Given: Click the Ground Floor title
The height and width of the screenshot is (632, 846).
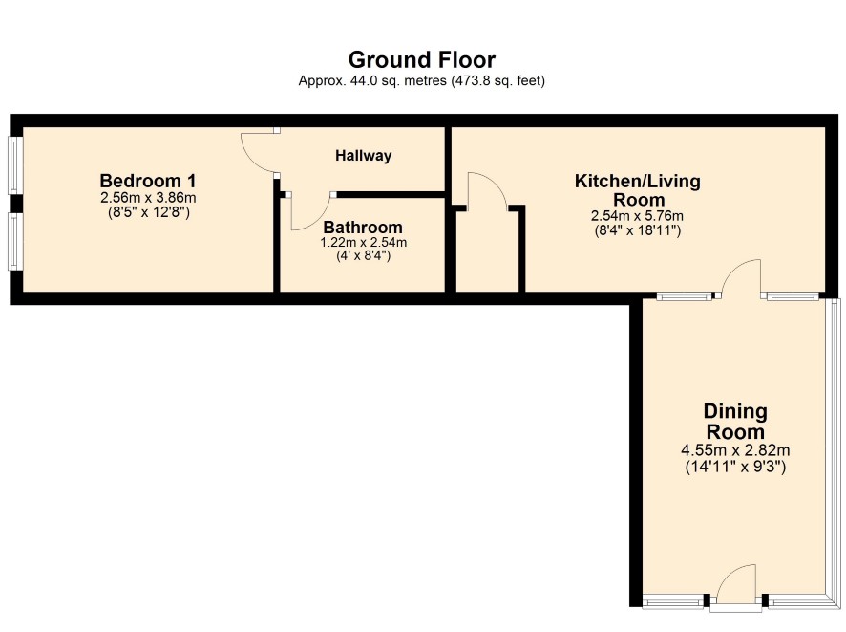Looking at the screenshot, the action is tap(422, 59).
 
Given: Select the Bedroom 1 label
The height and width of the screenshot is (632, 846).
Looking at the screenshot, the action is tap(148, 181).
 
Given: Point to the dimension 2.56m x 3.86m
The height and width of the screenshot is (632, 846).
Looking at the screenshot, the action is tap(148, 198).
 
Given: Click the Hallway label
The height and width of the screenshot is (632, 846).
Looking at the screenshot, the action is tap(364, 156).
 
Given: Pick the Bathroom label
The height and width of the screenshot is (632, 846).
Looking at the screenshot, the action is tap(363, 227).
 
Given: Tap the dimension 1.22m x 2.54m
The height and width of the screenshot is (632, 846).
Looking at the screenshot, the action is tap(363, 243).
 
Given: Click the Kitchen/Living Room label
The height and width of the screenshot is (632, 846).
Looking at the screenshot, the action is tap(638, 190).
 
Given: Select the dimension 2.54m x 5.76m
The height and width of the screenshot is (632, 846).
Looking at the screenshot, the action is tap(637, 216).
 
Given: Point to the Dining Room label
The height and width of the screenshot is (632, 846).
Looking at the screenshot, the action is tap(735, 422).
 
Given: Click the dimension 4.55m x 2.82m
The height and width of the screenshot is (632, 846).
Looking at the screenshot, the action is tap(735, 450).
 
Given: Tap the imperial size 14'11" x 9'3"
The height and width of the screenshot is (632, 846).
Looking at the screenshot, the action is tap(735, 467).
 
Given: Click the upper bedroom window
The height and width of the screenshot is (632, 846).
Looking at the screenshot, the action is tap(14, 164).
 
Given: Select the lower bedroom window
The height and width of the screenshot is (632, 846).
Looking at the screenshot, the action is tap(14, 242).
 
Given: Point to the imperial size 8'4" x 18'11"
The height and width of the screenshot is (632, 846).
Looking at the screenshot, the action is tap(637, 230).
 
